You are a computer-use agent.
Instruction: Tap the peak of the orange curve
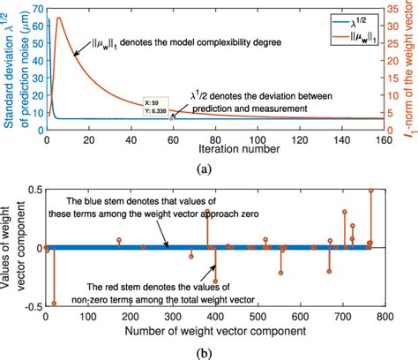pyautogui.click(x=58, y=18)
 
